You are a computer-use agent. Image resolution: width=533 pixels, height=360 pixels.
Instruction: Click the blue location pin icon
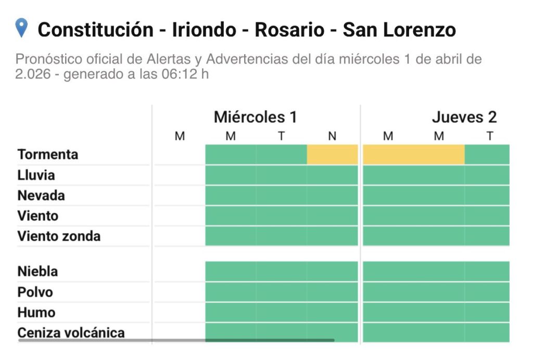click(21, 28)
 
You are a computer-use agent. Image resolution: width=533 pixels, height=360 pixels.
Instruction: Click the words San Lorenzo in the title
click(399, 30)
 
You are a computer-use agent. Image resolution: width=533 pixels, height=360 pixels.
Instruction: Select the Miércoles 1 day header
click(255, 117)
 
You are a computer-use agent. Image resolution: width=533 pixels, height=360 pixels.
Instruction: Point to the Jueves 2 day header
click(464, 117)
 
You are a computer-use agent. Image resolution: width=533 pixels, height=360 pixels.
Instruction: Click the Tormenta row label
click(48, 155)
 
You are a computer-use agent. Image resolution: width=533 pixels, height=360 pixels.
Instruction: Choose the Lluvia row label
click(36, 175)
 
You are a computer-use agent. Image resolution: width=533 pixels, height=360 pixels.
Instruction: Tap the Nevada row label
click(41, 196)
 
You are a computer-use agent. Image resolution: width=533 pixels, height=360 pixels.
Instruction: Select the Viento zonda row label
click(59, 236)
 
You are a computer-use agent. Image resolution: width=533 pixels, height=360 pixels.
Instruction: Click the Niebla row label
click(37, 271)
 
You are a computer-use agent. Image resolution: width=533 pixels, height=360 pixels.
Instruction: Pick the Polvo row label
click(35, 292)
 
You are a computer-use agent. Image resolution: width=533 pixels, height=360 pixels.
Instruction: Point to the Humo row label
click(36, 312)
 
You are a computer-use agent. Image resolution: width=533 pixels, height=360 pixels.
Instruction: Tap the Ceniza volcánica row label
click(71, 332)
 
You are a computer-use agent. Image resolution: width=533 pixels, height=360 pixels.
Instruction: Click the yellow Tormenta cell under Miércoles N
click(332, 155)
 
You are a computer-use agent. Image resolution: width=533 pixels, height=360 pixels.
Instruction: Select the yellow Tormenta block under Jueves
click(413, 155)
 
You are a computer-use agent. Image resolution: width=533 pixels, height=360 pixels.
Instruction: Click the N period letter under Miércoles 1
click(332, 136)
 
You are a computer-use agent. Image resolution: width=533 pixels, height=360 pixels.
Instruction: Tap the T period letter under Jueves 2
click(490, 136)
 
